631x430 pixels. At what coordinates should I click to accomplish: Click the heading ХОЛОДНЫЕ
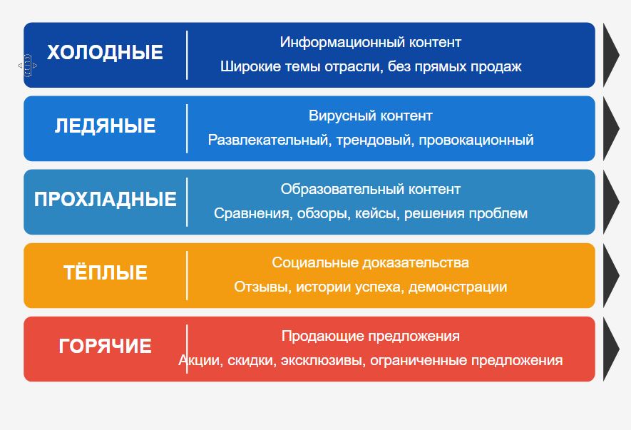pos(105,52)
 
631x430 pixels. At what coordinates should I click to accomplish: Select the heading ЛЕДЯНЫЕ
pos(105,126)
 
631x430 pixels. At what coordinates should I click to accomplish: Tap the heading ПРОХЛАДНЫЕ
pos(105,199)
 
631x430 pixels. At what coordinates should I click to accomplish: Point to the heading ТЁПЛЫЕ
pos(105,272)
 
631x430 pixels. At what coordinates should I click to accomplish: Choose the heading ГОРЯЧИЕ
pos(105,347)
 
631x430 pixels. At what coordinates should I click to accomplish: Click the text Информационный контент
pos(371,42)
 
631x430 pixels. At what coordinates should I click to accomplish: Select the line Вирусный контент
pos(371,116)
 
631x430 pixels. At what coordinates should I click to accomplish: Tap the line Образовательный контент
pos(371,189)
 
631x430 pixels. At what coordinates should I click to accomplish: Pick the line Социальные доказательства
pos(371,262)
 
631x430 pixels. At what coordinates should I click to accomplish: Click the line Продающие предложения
pos(371,336)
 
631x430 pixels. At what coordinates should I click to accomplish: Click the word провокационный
pos(476,140)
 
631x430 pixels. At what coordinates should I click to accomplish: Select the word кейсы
pos(377,213)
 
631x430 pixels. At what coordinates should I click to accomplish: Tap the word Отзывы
pos(263,287)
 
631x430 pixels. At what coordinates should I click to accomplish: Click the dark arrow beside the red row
pos(610,349)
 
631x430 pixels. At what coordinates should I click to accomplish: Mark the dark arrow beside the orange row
pos(610,275)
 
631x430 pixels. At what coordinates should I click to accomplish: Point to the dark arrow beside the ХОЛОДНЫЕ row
pos(610,55)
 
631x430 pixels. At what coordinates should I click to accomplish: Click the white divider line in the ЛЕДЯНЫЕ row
pos(187,128)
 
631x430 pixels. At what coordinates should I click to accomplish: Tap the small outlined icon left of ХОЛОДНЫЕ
pos(27,65)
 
